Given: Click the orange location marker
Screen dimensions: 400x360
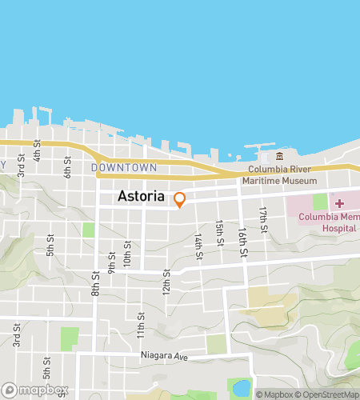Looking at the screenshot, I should [x=180, y=200].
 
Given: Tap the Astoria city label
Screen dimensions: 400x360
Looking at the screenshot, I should [x=141, y=196].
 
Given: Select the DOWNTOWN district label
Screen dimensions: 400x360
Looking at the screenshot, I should [x=123, y=168].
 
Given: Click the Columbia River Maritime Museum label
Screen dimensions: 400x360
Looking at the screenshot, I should [x=282, y=176].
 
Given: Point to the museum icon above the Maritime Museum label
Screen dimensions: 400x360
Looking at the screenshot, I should [x=279, y=156].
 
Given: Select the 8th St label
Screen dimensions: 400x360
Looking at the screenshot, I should [x=94, y=281].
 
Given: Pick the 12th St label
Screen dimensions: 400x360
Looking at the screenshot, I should [x=167, y=281].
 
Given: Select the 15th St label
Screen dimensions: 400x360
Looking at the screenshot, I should [x=219, y=231].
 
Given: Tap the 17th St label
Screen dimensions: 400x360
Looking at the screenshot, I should [x=262, y=216].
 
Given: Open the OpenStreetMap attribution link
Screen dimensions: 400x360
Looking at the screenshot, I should [x=328, y=394].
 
